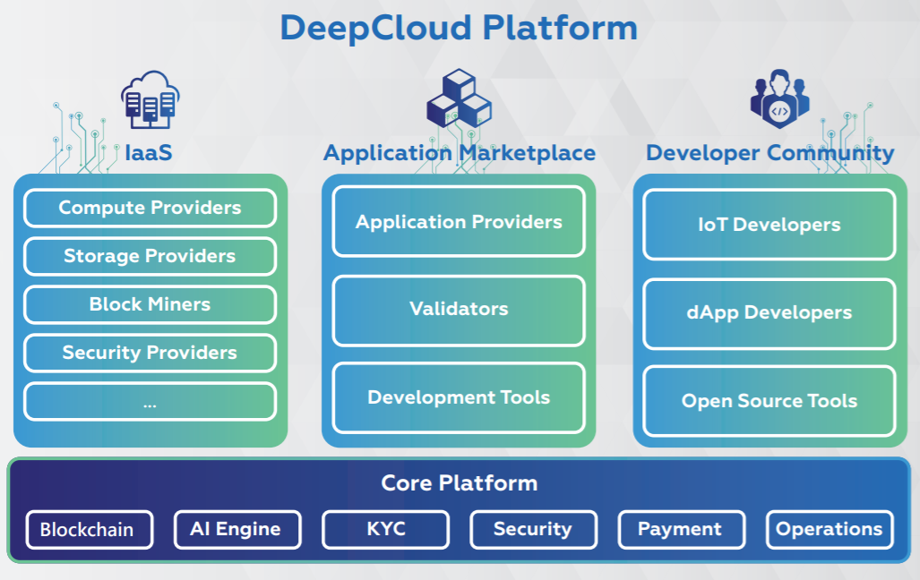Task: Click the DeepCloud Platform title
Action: coord(459,27)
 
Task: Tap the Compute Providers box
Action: coord(150,209)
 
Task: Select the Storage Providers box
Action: coord(150,257)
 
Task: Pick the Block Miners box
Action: coord(150,304)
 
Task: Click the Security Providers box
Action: coord(150,353)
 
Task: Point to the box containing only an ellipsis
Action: coord(150,402)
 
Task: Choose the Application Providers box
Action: coord(459,222)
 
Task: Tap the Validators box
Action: coord(459,310)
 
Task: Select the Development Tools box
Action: coord(459,397)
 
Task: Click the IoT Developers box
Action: coord(769,225)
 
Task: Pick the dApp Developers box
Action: coord(769,313)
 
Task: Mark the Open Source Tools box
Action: coord(769,401)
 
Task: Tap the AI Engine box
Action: coord(236,529)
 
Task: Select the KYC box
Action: coord(385,529)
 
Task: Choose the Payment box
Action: coord(681,529)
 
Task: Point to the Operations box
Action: coord(829,529)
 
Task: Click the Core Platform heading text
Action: coord(459,483)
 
